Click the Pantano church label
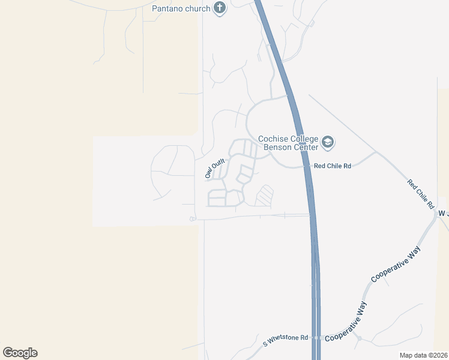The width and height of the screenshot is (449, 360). click(x=181, y=8)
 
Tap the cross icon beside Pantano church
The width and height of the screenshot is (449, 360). click(x=220, y=8)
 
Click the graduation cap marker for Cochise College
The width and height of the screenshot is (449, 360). click(x=328, y=143)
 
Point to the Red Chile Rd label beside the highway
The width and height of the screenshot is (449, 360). click(x=331, y=166)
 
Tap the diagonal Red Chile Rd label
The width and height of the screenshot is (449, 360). click(x=420, y=194)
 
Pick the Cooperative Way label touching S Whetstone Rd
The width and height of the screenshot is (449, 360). click(x=346, y=323)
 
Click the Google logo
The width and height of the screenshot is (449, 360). click(x=20, y=353)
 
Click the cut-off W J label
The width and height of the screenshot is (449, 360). click(x=443, y=214)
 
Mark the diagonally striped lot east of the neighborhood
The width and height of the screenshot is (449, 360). click(x=264, y=196)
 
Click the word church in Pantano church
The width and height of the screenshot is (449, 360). click(x=197, y=8)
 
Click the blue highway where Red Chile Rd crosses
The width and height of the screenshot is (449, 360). click(x=307, y=166)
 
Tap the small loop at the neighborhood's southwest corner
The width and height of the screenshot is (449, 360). click(x=192, y=219)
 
